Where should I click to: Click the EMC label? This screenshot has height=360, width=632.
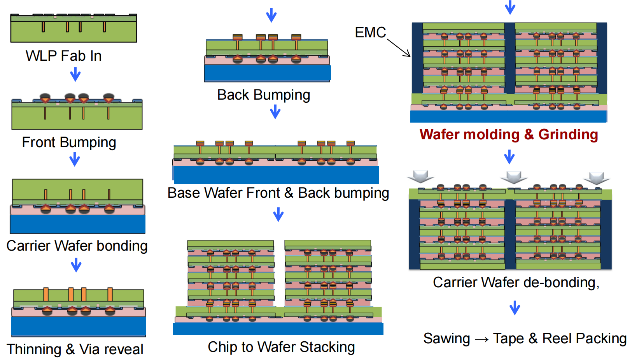point(370,33)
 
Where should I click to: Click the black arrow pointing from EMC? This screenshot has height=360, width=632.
point(399,48)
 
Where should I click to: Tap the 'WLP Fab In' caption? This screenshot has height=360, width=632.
point(63,56)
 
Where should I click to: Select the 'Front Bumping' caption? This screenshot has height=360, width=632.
point(69,142)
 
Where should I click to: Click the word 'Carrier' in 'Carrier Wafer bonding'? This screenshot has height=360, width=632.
point(28,246)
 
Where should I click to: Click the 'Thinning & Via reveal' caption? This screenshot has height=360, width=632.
point(75,349)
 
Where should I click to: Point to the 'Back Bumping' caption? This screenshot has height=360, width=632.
point(263,95)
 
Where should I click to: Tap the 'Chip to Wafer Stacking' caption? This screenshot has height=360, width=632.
point(281,347)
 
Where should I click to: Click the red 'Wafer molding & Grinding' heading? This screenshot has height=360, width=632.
point(508,135)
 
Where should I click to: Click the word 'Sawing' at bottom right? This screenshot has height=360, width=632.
point(446,339)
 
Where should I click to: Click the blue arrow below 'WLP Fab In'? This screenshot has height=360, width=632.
point(75,74)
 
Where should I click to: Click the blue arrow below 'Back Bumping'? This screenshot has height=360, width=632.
point(275,112)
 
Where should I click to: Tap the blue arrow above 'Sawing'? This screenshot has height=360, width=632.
point(515,307)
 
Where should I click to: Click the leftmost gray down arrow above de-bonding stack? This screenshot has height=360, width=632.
point(420,176)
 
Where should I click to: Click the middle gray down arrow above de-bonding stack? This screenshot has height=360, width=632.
point(514,177)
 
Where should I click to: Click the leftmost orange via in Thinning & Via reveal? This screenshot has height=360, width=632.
point(46,294)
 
